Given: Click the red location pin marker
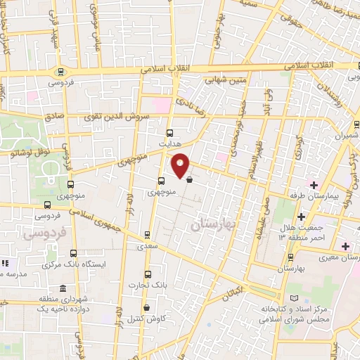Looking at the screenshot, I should point(181,165).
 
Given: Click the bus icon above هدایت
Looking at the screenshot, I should point(169,131).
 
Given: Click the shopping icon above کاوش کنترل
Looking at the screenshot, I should point(146,307).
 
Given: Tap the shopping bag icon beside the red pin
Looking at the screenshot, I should point(190,179).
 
